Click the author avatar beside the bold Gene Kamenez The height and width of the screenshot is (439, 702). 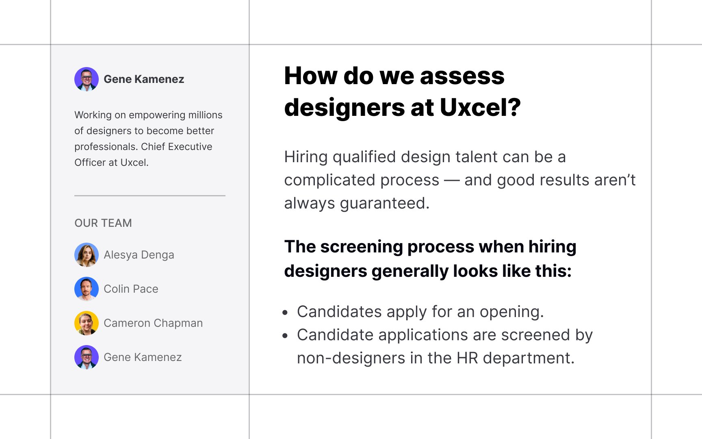87,79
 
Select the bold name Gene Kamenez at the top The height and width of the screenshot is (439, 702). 144,79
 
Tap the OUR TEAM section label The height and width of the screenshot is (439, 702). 103,223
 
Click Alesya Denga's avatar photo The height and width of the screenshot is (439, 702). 87,255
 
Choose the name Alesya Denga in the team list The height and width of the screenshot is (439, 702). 139,255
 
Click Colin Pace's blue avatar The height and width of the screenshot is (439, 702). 87,289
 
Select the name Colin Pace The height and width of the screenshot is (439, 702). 131,289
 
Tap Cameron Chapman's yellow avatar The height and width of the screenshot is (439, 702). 87,323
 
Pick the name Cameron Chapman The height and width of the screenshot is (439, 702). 153,323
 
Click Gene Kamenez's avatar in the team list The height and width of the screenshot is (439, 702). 87,357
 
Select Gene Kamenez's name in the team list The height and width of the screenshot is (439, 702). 143,357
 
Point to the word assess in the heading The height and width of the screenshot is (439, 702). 462,76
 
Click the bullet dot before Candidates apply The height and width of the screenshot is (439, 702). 285,313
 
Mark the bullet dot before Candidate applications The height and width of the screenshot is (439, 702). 285,336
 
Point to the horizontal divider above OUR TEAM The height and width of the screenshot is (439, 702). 150,196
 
